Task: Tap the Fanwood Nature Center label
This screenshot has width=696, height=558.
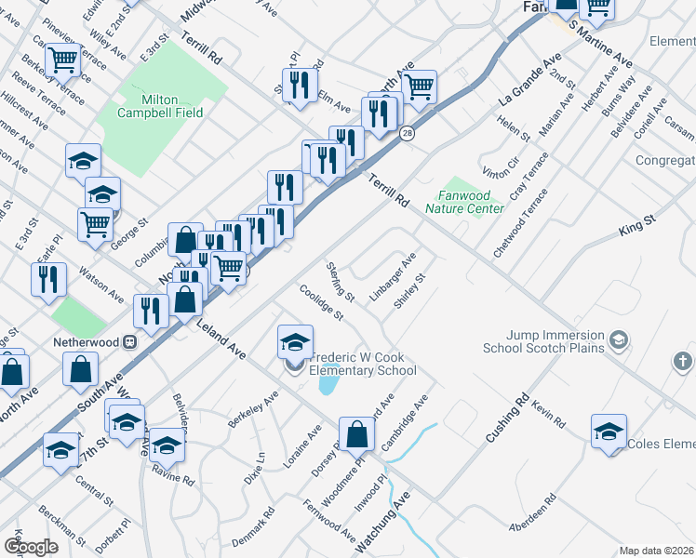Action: (x=465, y=202)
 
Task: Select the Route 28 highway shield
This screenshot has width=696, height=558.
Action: (x=408, y=135)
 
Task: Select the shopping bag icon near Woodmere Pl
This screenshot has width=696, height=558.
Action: (x=357, y=433)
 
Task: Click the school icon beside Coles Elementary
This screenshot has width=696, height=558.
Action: (x=609, y=432)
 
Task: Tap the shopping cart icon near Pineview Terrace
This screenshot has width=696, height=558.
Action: (x=64, y=60)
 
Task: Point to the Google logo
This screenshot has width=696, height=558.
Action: (x=31, y=547)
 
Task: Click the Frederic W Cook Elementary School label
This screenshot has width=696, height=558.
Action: (x=363, y=364)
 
